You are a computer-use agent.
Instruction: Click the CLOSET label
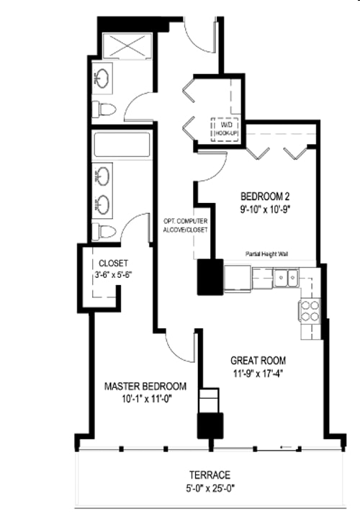[x=113, y=263]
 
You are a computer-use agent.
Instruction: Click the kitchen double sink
[x=289, y=277]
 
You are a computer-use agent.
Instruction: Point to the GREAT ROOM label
[x=258, y=361]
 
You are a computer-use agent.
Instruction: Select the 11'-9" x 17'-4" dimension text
[x=258, y=374]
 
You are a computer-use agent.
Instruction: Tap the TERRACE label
[x=210, y=475]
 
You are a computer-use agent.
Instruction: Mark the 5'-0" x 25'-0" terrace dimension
[x=210, y=488]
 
